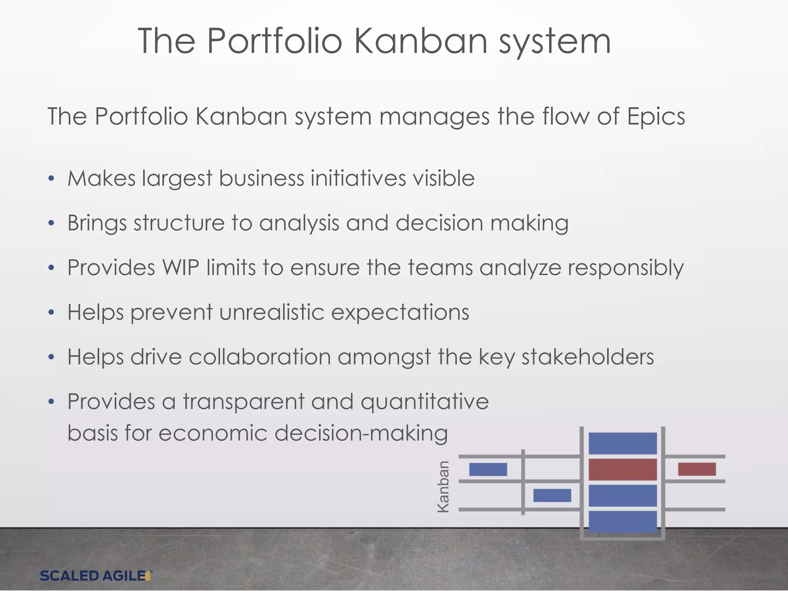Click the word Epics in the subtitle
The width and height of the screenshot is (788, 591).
tap(656, 116)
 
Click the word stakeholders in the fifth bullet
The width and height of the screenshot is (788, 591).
tap(588, 357)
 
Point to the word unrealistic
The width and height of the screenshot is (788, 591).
tap(272, 312)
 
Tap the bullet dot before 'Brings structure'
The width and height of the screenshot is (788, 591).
tap(52, 223)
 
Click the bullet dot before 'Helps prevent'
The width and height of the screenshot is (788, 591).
tap(52, 312)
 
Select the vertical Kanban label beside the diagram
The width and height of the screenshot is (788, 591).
tap(444, 486)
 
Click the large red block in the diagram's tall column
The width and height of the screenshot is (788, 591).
tap(623, 469)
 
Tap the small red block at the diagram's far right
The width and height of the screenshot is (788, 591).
tap(696, 469)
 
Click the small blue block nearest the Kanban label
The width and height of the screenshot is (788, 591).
tap(488, 469)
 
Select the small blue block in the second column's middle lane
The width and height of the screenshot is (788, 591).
tap(552, 495)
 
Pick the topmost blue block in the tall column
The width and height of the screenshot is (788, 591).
tap(623, 443)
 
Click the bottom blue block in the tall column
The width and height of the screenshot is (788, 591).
tap(623, 521)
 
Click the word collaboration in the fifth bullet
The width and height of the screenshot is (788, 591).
tap(260, 357)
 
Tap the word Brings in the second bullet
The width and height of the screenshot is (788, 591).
tap(97, 223)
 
